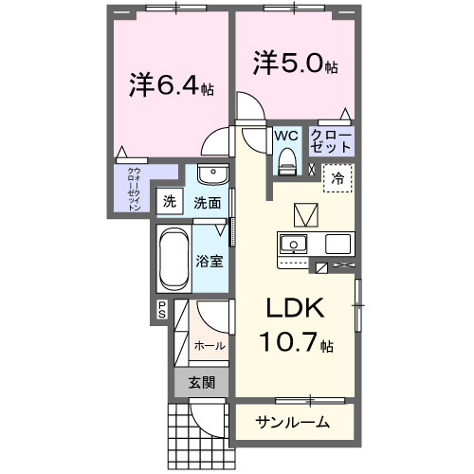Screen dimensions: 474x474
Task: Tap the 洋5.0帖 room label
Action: point(295,64)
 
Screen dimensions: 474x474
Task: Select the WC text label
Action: point(285,136)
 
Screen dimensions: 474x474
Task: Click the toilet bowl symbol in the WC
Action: point(286,163)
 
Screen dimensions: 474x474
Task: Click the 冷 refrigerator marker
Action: point(337,177)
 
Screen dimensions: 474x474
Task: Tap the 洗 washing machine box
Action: point(170,201)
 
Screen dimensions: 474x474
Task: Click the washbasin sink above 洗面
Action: point(213,176)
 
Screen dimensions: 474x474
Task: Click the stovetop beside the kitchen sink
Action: point(337,244)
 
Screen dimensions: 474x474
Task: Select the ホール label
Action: point(210,346)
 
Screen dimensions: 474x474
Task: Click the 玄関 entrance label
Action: point(200,383)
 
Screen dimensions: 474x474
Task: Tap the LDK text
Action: point(293,308)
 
